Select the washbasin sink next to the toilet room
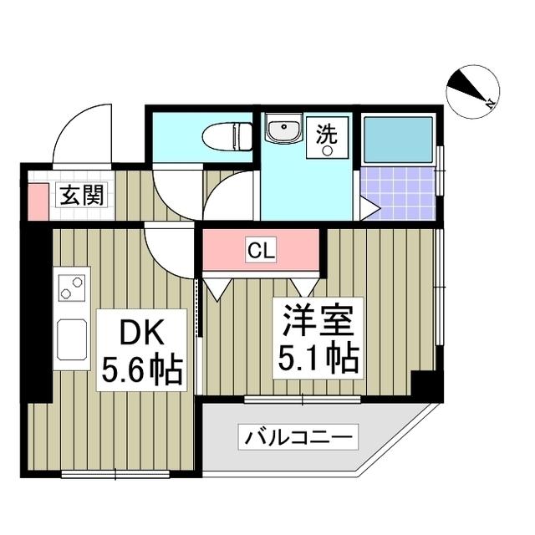[284, 131]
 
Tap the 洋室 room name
[316, 321]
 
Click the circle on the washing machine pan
[329, 152]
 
